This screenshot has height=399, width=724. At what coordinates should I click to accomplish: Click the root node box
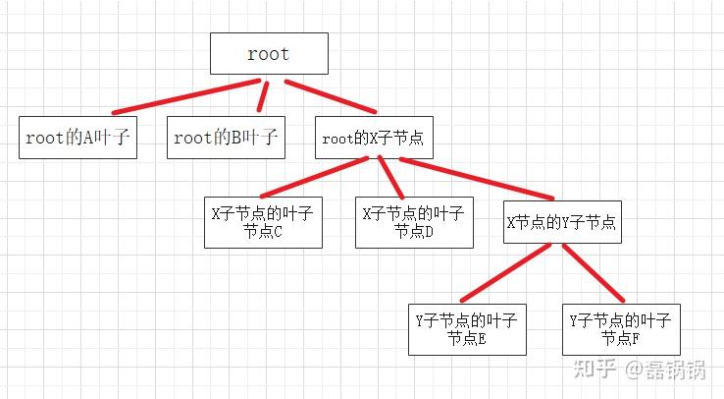[268, 54]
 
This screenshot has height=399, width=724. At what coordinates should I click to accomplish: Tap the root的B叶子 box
[227, 139]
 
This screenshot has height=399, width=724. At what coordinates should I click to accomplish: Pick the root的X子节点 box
[373, 139]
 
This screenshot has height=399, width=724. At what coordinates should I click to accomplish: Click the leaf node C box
[263, 221]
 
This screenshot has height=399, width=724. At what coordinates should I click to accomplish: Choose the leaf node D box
[413, 221]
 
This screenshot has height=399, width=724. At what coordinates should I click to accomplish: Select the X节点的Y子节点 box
[561, 222]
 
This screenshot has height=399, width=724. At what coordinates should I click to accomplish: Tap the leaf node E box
[467, 328]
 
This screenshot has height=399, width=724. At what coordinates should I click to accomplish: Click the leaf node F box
[618, 328]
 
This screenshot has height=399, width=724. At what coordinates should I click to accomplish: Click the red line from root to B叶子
[262, 95]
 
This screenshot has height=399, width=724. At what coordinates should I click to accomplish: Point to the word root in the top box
[268, 54]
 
